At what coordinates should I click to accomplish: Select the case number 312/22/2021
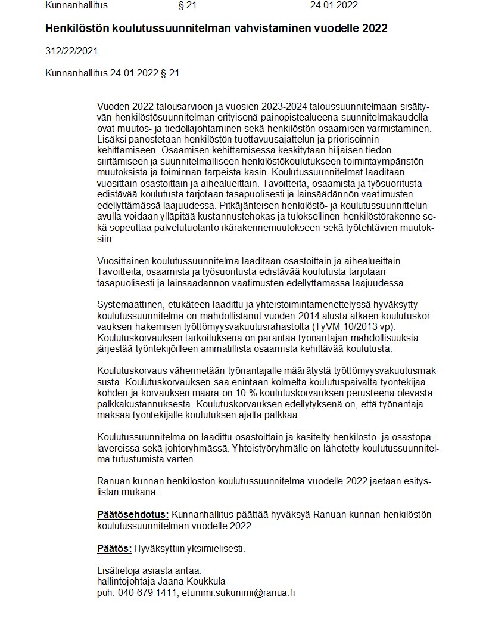click(71, 51)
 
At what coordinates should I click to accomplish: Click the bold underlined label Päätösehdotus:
click(133, 514)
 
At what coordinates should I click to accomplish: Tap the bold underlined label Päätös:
click(114, 548)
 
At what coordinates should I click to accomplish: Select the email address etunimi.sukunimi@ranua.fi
click(239, 592)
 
